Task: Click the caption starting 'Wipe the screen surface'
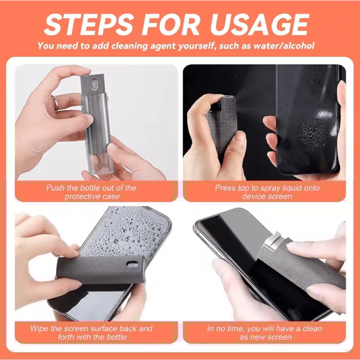coord(91,333)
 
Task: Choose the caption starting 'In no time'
coord(265,333)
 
